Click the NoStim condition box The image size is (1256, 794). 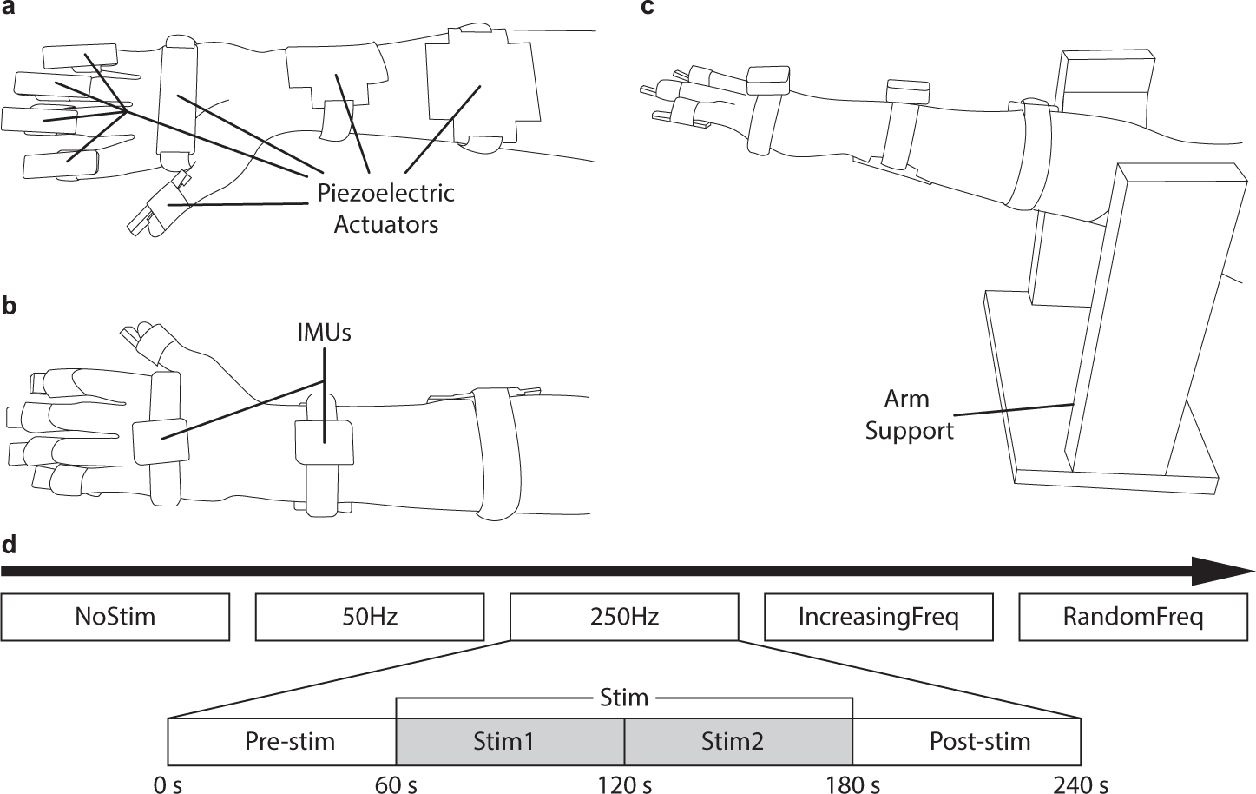pos(115,617)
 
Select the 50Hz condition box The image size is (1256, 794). pos(370,617)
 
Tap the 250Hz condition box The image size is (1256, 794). pos(624,617)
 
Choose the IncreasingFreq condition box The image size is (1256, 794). pos(878,617)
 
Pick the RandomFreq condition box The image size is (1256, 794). pos(1133,617)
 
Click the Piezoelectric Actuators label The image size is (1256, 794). pos(385,208)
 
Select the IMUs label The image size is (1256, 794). pos(323,332)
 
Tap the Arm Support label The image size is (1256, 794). pos(908,414)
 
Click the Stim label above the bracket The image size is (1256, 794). pos(624,697)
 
